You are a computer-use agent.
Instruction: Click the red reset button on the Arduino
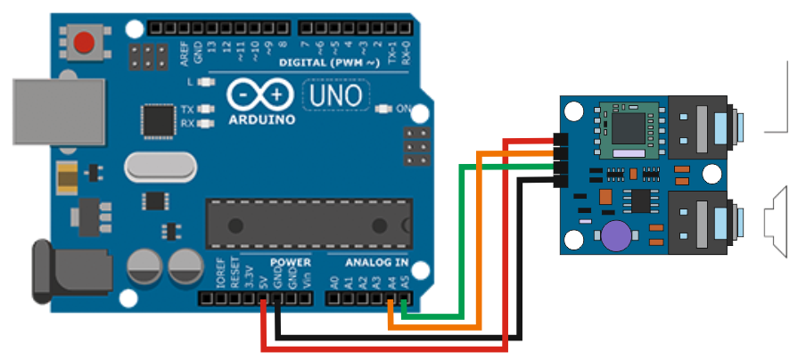(85, 42)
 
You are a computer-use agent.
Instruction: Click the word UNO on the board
(334, 94)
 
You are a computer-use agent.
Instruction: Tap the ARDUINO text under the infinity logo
(261, 119)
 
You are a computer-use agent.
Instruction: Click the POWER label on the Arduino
(291, 263)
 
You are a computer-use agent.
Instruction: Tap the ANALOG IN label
(376, 263)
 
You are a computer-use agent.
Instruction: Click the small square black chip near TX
(159, 119)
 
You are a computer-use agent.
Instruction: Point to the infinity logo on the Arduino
(259, 94)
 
